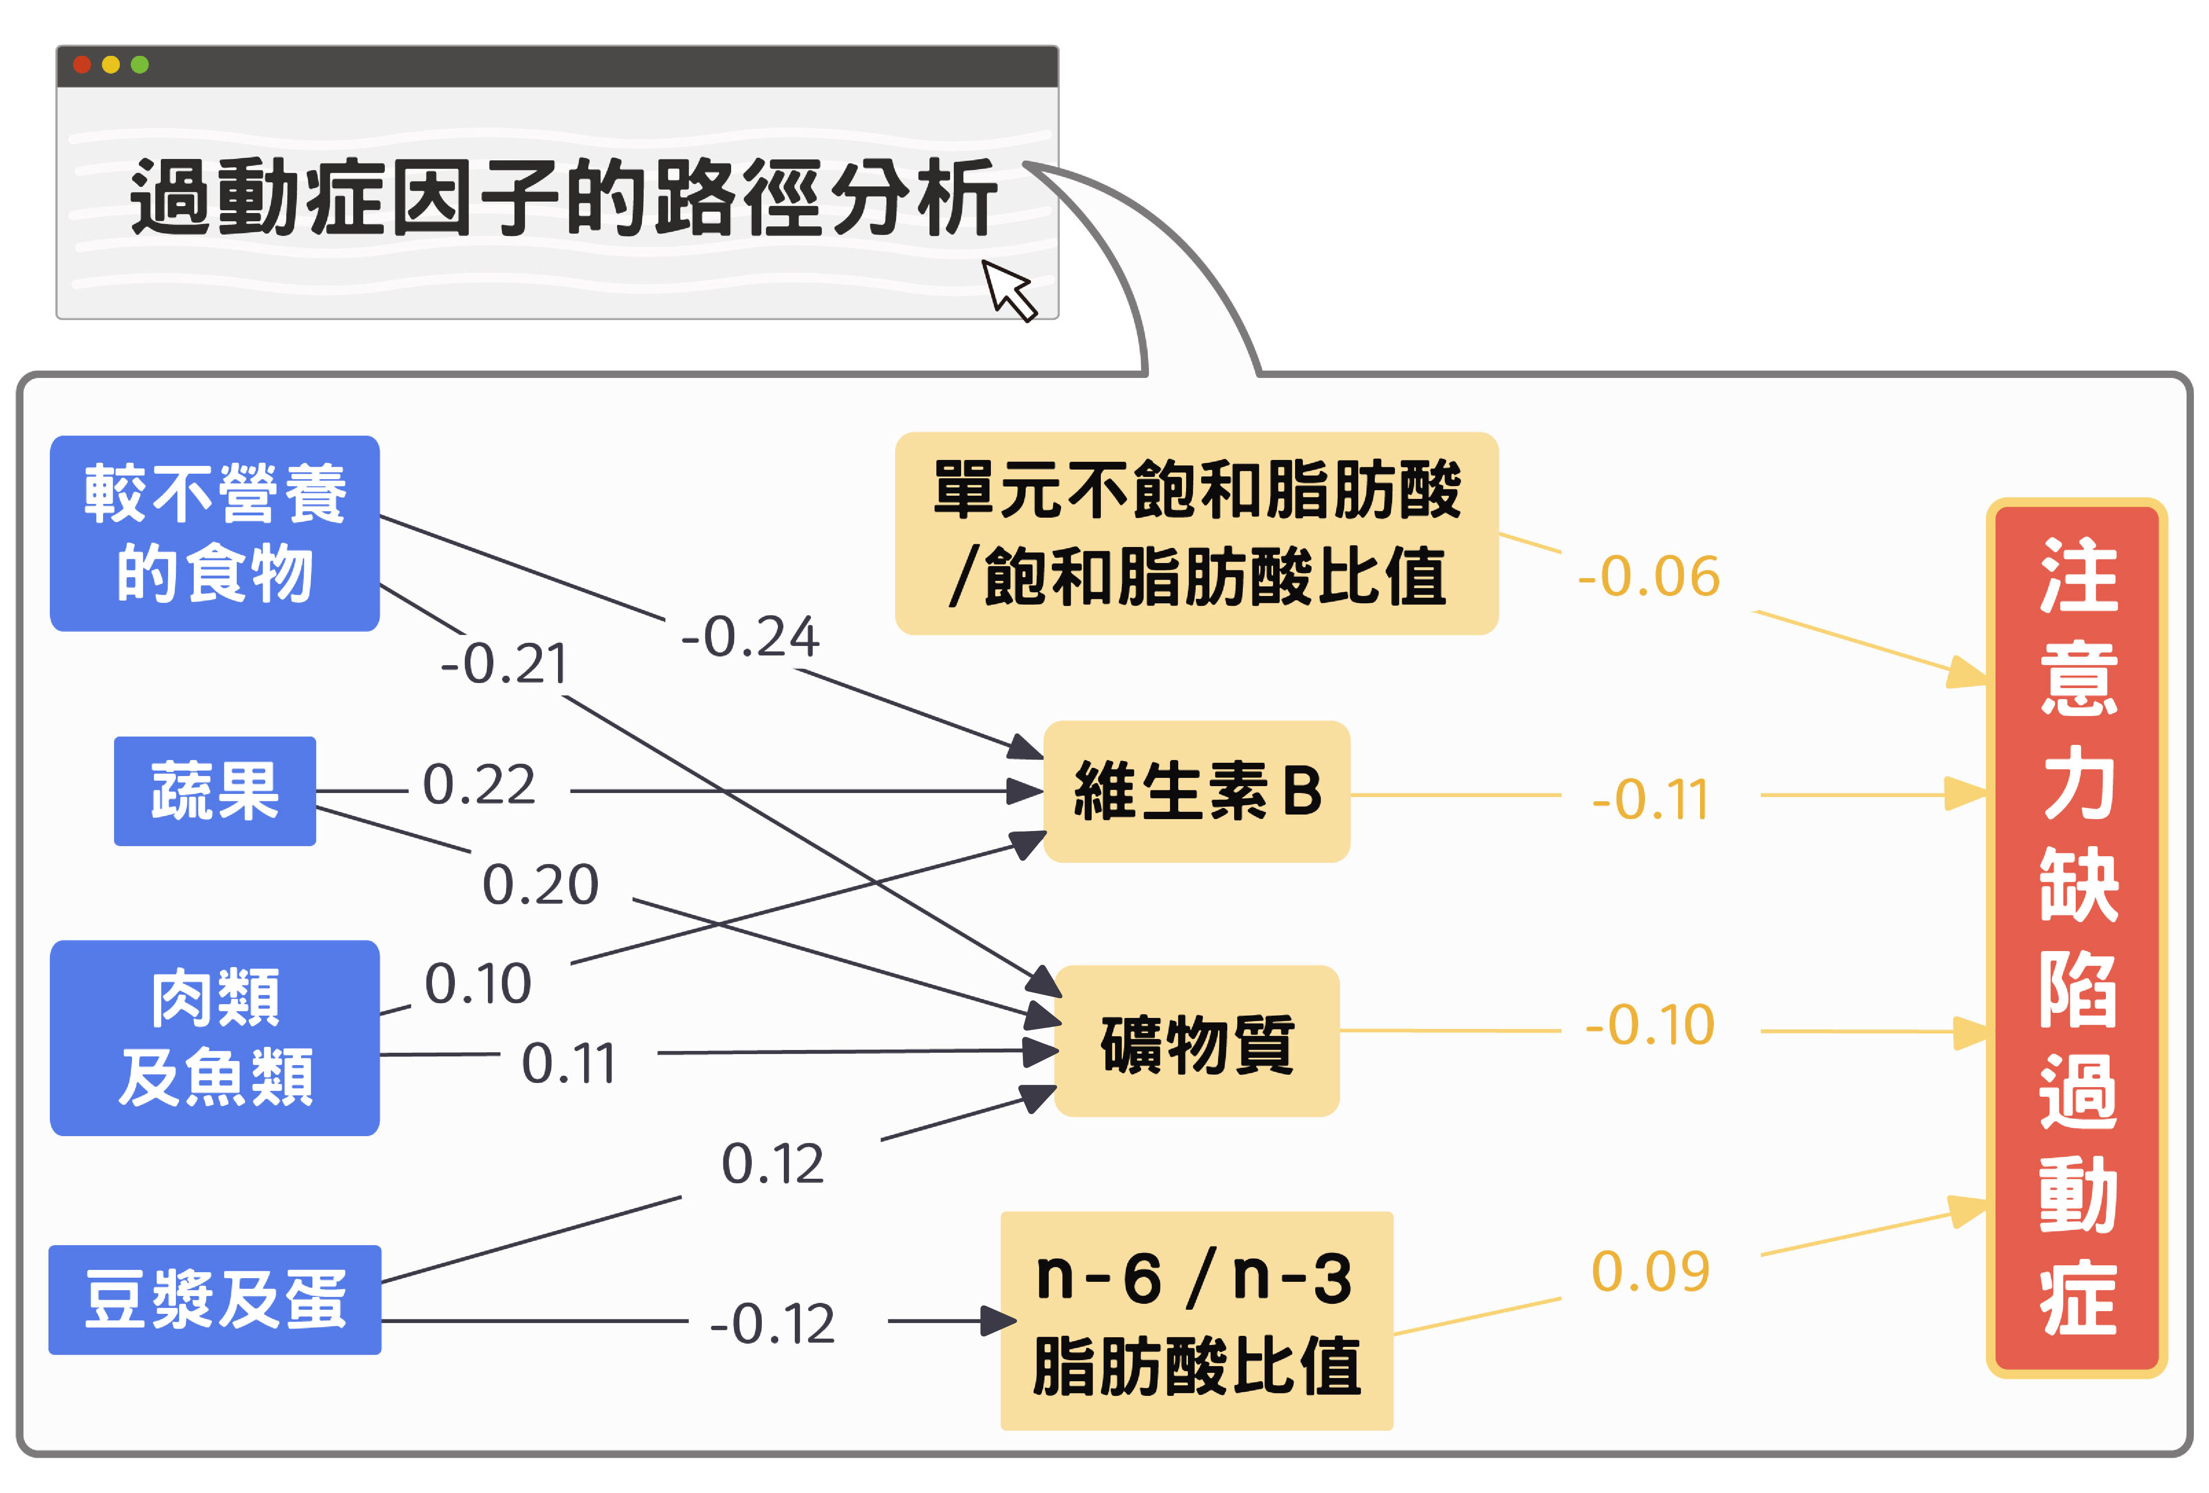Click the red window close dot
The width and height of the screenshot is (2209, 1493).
[x=82, y=65]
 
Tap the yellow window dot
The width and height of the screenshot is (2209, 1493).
[x=110, y=65]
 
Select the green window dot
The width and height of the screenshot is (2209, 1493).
[x=140, y=65]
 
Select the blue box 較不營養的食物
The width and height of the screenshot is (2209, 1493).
[x=215, y=533]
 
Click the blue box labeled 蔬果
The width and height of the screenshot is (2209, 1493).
[x=215, y=791]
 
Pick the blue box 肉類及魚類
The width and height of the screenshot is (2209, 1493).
[x=215, y=1038]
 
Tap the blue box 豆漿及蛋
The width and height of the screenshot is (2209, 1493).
[x=215, y=1299]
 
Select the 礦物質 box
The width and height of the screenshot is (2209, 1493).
[x=1197, y=1042]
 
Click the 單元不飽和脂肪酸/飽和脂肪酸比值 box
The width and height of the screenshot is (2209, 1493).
[x=1197, y=533]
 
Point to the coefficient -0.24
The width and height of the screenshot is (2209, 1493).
[x=750, y=637]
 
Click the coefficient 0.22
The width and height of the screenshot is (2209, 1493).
[x=479, y=785]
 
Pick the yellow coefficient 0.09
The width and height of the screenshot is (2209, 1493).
[x=1650, y=1272]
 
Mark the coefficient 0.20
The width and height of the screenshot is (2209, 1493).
[x=540, y=885]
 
